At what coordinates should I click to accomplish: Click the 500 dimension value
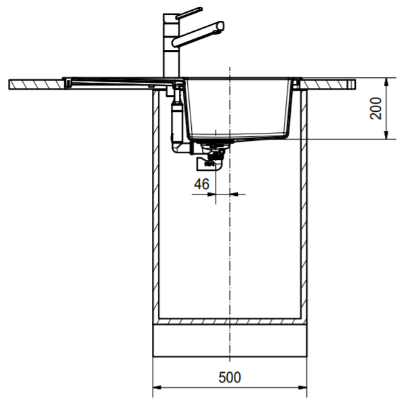230,378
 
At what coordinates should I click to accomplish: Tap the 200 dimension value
376,108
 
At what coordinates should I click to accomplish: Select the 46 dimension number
202,184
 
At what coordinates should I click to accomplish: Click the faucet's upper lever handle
188,13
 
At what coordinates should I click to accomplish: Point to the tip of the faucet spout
220,26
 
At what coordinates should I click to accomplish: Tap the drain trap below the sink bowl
210,157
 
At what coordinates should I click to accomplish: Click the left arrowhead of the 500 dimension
157,388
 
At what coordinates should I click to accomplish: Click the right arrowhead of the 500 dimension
302,388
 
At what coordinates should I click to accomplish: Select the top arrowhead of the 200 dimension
386,82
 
